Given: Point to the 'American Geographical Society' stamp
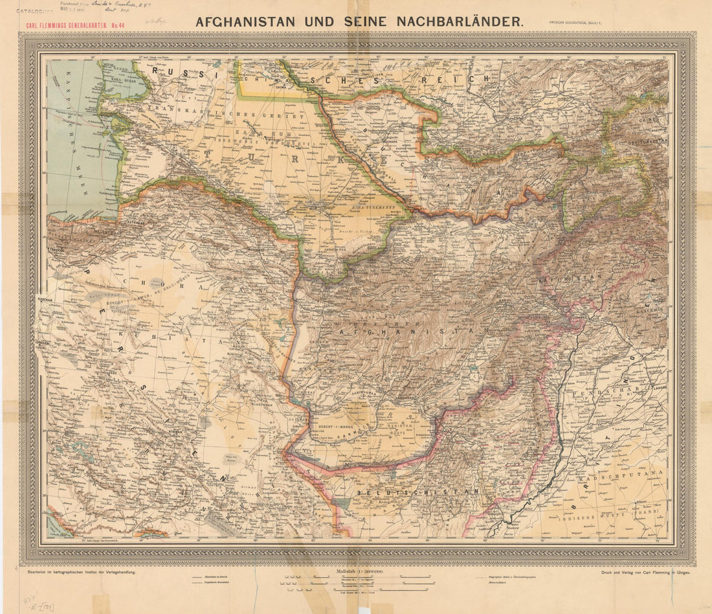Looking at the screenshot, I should tap(575, 21).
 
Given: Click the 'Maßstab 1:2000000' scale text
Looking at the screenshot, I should tap(360, 571).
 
